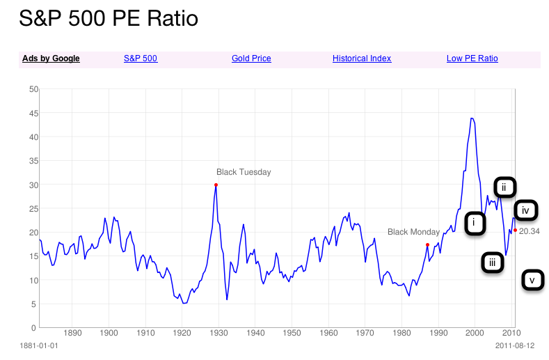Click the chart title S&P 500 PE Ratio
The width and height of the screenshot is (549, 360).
[x=109, y=19]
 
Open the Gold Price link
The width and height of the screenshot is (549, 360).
[x=251, y=58]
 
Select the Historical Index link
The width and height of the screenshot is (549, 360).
[x=362, y=58]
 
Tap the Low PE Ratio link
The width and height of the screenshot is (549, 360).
[x=472, y=58]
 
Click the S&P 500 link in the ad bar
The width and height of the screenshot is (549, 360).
[x=141, y=58]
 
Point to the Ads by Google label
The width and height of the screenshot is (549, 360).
[x=51, y=58]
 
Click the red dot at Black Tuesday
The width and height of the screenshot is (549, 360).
[x=216, y=185]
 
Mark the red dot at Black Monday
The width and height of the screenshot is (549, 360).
[x=427, y=245]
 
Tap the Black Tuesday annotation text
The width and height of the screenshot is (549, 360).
[x=244, y=172]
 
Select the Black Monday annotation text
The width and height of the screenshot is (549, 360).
[x=413, y=232]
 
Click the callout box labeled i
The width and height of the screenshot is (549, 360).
[x=475, y=223]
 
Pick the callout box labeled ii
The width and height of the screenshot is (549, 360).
[x=504, y=187]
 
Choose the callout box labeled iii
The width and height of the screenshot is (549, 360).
[x=492, y=263]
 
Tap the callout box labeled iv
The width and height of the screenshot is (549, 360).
[x=525, y=210]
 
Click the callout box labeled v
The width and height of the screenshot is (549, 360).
[x=532, y=281]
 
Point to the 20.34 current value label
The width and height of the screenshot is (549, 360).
[x=530, y=232]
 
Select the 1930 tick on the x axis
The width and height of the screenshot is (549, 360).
[x=218, y=334]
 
